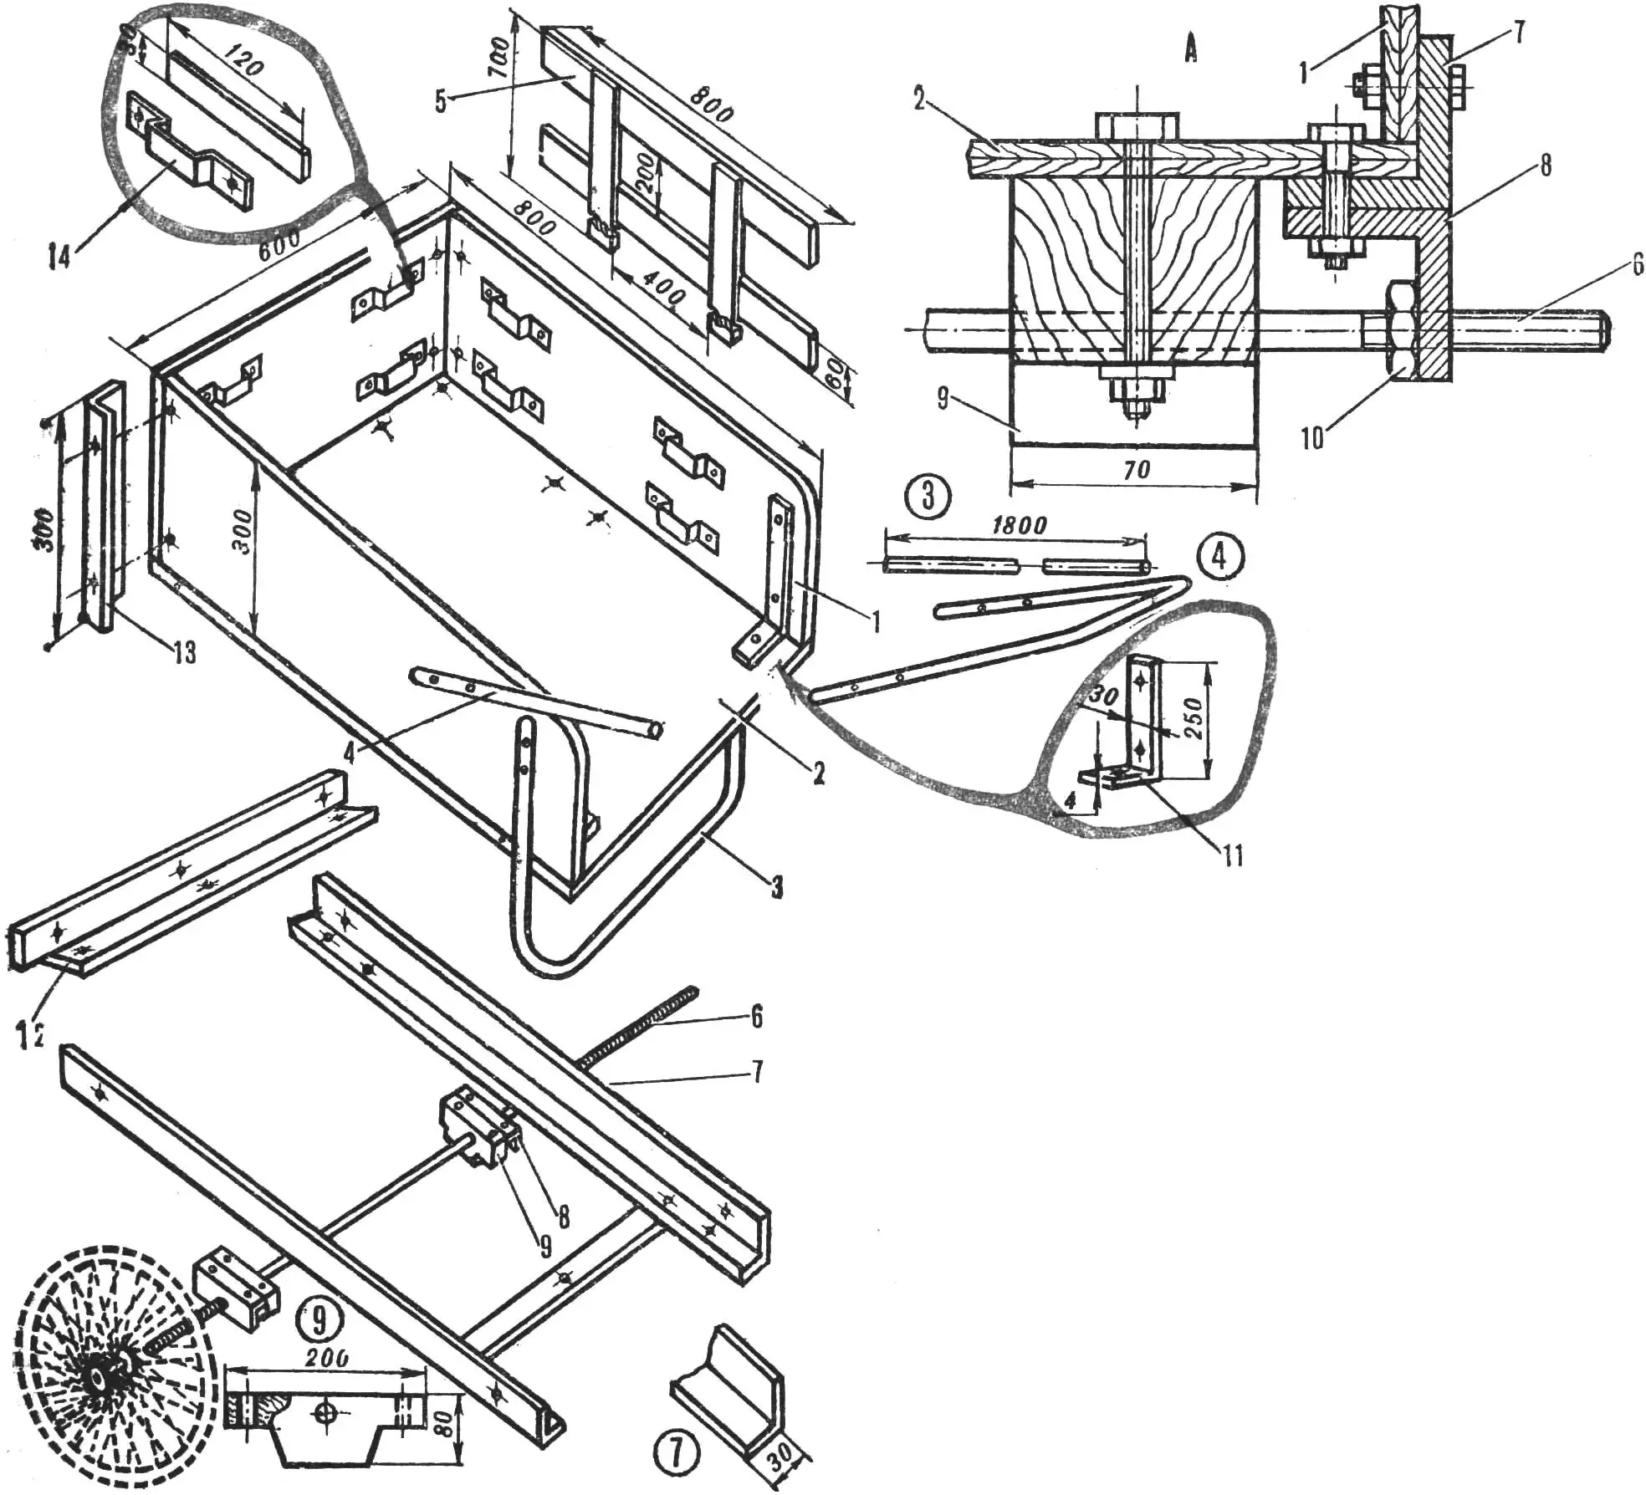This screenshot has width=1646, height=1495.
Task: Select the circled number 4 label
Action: [x=1219, y=556]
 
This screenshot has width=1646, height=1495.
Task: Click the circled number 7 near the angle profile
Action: [x=676, y=1453]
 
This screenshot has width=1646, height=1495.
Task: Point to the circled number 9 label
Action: [x=319, y=1319]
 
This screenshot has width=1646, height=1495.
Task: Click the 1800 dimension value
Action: [x=1019, y=525]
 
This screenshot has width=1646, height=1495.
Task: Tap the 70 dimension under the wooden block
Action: [x=1136, y=471]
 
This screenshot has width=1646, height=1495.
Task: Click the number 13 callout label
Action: [x=185, y=652]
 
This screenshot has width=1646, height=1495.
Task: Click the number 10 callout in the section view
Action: [x=1311, y=437]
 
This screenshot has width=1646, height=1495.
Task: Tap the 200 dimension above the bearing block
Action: [x=326, y=1358]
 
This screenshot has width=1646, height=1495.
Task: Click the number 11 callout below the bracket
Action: [x=1232, y=855]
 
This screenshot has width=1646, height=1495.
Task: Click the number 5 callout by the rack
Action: [x=441, y=102]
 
